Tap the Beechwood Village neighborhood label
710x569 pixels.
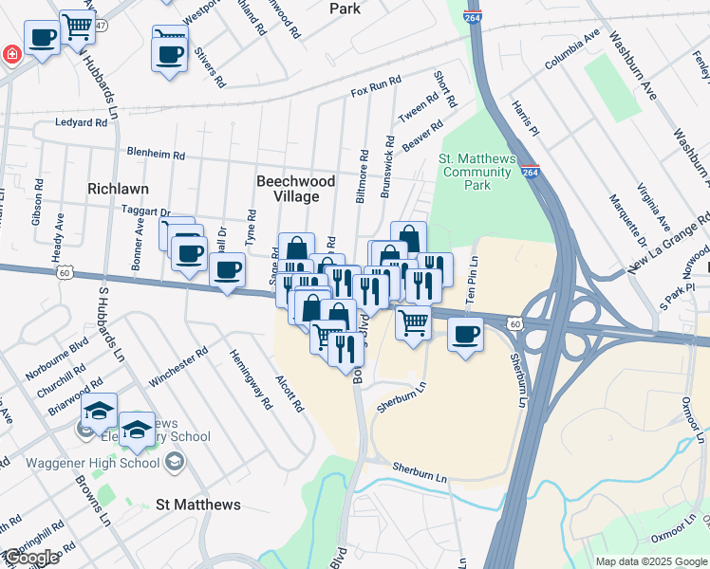pyautogui.click(x=295, y=188)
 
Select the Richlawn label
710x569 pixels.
pyautogui.click(x=118, y=189)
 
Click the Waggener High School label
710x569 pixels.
pyautogui.click(x=100, y=463)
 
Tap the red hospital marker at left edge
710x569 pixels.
pyautogui.click(x=9, y=54)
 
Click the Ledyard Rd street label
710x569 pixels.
pyautogui.click(x=81, y=122)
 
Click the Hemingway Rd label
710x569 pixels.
pyautogui.click(x=250, y=378)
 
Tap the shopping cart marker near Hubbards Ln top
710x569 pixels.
pyautogui.click(x=77, y=28)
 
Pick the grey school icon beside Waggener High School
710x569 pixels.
pyautogui.click(x=174, y=462)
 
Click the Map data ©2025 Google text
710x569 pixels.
pyautogui.click(x=650, y=561)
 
